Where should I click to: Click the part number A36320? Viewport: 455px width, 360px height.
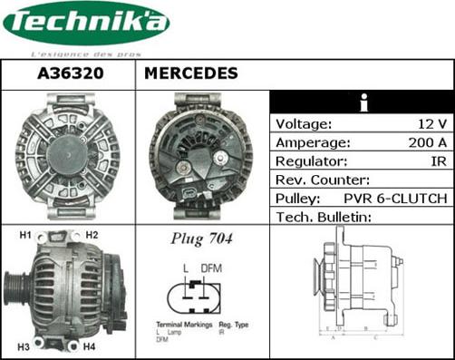[x=67, y=73]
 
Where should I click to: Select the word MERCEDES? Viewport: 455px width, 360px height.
[x=191, y=73]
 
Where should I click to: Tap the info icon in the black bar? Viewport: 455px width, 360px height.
[x=363, y=102]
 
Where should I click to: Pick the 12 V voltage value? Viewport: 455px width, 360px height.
[x=430, y=123]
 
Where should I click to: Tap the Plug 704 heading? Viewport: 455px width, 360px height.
[x=202, y=239]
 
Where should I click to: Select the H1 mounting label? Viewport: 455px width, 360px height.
[x=25, y=236]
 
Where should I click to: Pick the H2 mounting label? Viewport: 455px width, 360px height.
[x=92, y=236]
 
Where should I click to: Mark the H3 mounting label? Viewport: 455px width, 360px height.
[x=24, y=346]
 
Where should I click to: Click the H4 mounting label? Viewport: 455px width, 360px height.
[x=90, y=346]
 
